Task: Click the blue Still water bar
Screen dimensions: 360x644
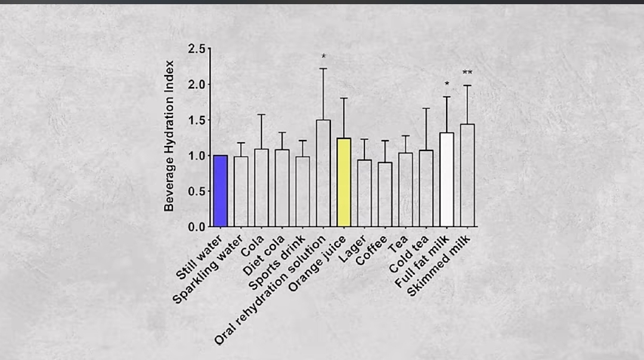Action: click(x=221, y=191)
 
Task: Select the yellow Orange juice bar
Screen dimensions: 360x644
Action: click(x=343, y=182)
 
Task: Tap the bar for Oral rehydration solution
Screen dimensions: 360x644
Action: click(x=323, y=173)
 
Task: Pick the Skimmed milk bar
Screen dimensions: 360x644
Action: click(x=467, y=175)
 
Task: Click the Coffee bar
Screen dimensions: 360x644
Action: click(x=385, y=194)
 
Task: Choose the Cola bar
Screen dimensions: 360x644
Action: click(x=261, y=188)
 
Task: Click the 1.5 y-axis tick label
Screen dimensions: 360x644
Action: click(x=197, y=120)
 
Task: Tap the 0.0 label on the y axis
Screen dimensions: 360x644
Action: click(x=197, y=227)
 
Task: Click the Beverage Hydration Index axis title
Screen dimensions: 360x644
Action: click(x=169, y=136)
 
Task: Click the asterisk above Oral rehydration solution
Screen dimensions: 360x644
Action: click(x=323, y=57)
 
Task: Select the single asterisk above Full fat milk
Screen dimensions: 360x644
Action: click(x=447, y=84)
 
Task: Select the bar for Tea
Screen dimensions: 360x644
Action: click(x=405, y=190)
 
